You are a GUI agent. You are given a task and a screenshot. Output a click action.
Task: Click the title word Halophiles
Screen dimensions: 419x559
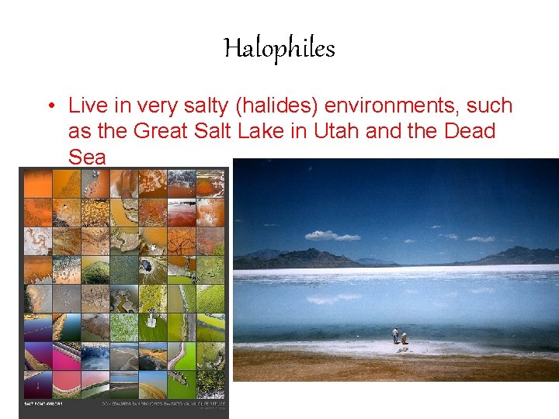point(279,49)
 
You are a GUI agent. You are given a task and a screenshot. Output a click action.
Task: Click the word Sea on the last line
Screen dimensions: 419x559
point(86,157)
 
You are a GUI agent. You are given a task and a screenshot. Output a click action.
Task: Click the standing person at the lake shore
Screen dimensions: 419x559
point(395,335)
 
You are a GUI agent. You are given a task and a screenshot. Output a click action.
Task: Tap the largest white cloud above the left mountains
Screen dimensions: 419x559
point(332,234)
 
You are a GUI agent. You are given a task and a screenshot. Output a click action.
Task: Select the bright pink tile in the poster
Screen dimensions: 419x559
point(65,356)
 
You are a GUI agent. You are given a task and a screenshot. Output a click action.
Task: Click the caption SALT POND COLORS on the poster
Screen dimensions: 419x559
point(41,403)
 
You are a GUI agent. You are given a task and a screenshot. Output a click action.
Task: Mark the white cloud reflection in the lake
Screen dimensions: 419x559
point(334,298)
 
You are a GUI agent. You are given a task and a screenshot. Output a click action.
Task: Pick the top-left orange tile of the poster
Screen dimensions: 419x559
point(37,184)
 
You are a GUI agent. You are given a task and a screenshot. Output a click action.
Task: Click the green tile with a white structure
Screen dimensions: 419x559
point(152,326)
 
